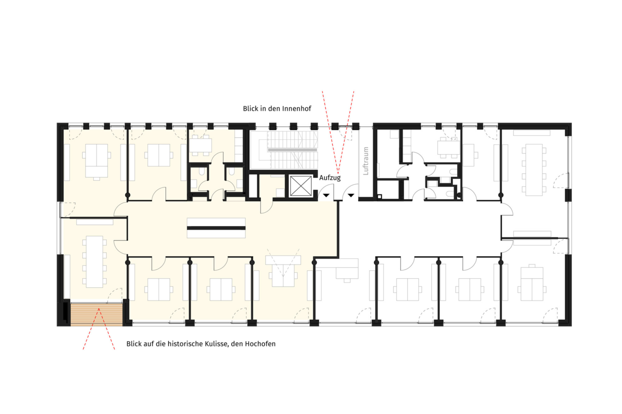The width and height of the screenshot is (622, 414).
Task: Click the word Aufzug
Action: point(330,178)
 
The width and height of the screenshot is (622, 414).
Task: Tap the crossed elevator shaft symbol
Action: point(301,186)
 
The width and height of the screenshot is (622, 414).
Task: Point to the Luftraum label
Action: point(366,161)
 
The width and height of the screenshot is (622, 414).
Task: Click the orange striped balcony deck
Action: point(97,314)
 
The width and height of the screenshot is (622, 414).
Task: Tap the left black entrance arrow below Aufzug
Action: point(326,195)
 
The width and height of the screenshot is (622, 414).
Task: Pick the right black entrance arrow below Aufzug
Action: point(351,195)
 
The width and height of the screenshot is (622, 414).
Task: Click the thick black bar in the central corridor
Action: point(216,228)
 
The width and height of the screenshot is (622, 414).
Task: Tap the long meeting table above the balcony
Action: point(95,262)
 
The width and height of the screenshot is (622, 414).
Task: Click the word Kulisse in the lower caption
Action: point(217,344)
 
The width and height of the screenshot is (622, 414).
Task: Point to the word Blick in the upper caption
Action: point(251,109)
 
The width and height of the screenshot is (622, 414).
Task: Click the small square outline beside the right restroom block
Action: point(380,197)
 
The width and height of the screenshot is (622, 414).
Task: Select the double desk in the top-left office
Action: point(97,161)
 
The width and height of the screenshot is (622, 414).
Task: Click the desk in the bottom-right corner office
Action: point(532,284)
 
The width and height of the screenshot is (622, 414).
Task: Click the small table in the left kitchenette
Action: point(201,145)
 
